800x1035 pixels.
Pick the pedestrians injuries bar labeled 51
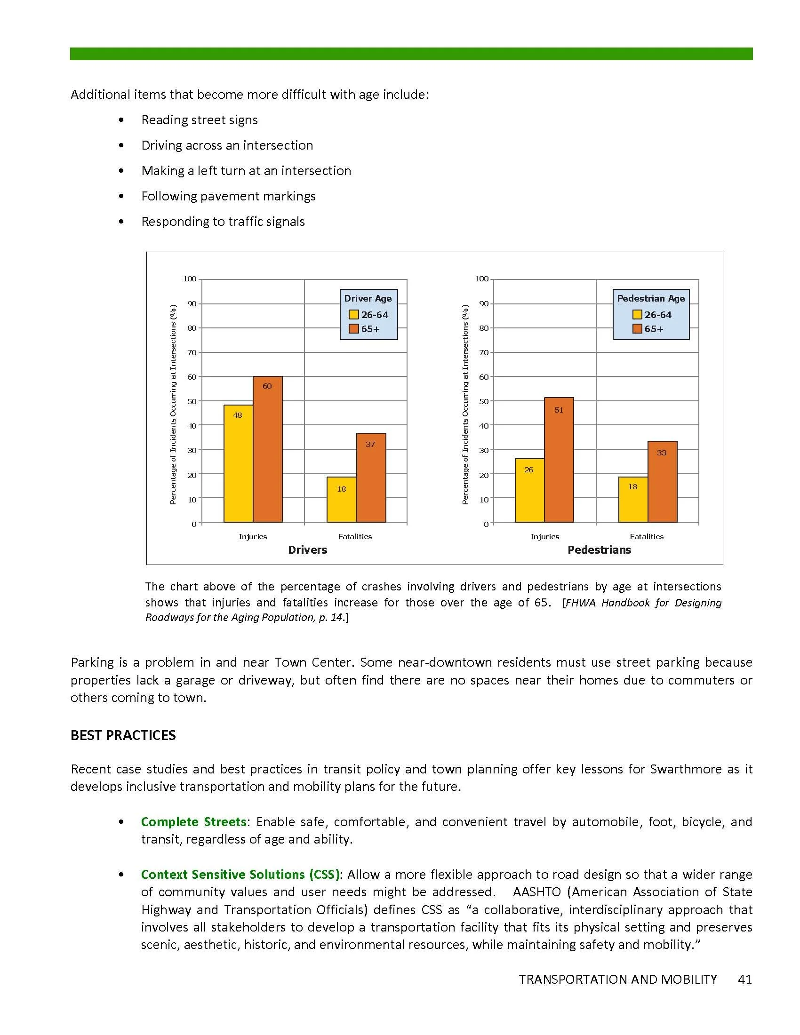559,459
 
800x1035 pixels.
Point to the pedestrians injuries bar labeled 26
529,490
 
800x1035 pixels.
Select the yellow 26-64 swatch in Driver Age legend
353,315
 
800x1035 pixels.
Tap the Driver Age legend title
368,299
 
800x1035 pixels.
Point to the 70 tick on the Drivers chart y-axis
192,352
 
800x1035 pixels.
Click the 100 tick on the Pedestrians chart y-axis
481,279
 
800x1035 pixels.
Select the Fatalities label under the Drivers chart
354,536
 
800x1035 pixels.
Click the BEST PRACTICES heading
123,735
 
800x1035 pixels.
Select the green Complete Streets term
193,822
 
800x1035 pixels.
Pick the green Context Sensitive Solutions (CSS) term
240,875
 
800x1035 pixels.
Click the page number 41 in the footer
744,979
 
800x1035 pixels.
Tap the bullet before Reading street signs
122,120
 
